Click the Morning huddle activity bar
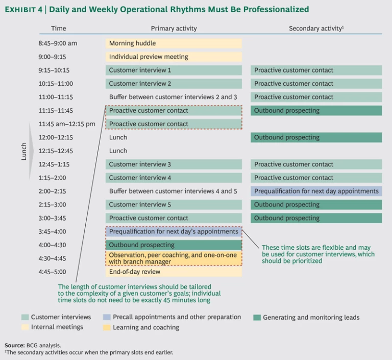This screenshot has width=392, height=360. click(174, 43)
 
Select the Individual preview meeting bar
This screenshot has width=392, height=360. click(174, 57)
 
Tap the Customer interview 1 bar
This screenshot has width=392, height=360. click(174, 70)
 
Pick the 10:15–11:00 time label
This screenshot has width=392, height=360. click(56, 84)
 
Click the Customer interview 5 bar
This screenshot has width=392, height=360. click(174, 205)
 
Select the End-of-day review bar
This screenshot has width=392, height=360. click(174, 272)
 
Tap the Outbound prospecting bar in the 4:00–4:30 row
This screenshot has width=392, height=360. click(174, 245)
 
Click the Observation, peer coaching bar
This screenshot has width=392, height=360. click(174, 258)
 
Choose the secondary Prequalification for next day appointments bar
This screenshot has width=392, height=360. click(316, 191)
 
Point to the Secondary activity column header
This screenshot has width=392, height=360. click(316, 29)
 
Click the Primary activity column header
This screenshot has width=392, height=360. click(174, 29)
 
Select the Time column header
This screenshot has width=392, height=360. click(59, 29)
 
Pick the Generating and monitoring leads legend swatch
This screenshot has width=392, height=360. click(257, 318)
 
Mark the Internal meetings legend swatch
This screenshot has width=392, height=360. click(24, 327)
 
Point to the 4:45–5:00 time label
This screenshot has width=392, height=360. click(55, 272)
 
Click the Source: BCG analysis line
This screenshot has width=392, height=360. click(32, 345)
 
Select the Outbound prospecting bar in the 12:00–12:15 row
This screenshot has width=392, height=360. click(316, 137)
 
